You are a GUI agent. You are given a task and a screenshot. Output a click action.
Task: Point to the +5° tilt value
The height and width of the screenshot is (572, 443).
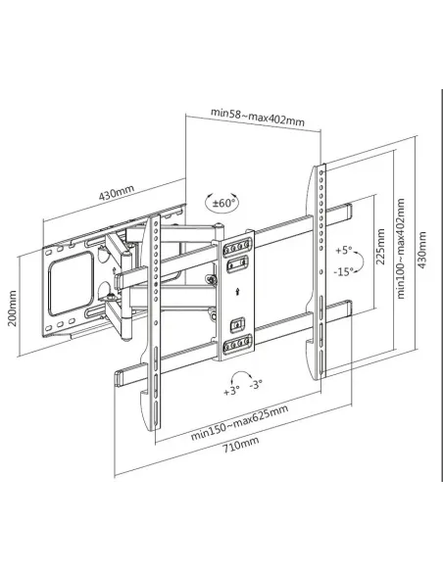click(344, 249)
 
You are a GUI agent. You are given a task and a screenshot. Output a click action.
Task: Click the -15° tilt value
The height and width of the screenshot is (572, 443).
click(344, 270)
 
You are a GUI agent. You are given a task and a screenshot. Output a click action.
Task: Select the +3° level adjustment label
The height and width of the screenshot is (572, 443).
click(231, 390)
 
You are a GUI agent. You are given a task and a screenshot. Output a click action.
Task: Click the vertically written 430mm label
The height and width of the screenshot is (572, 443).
click(421, 251)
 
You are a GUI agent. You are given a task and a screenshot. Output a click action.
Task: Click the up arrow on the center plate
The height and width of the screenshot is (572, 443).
click(237, 291)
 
